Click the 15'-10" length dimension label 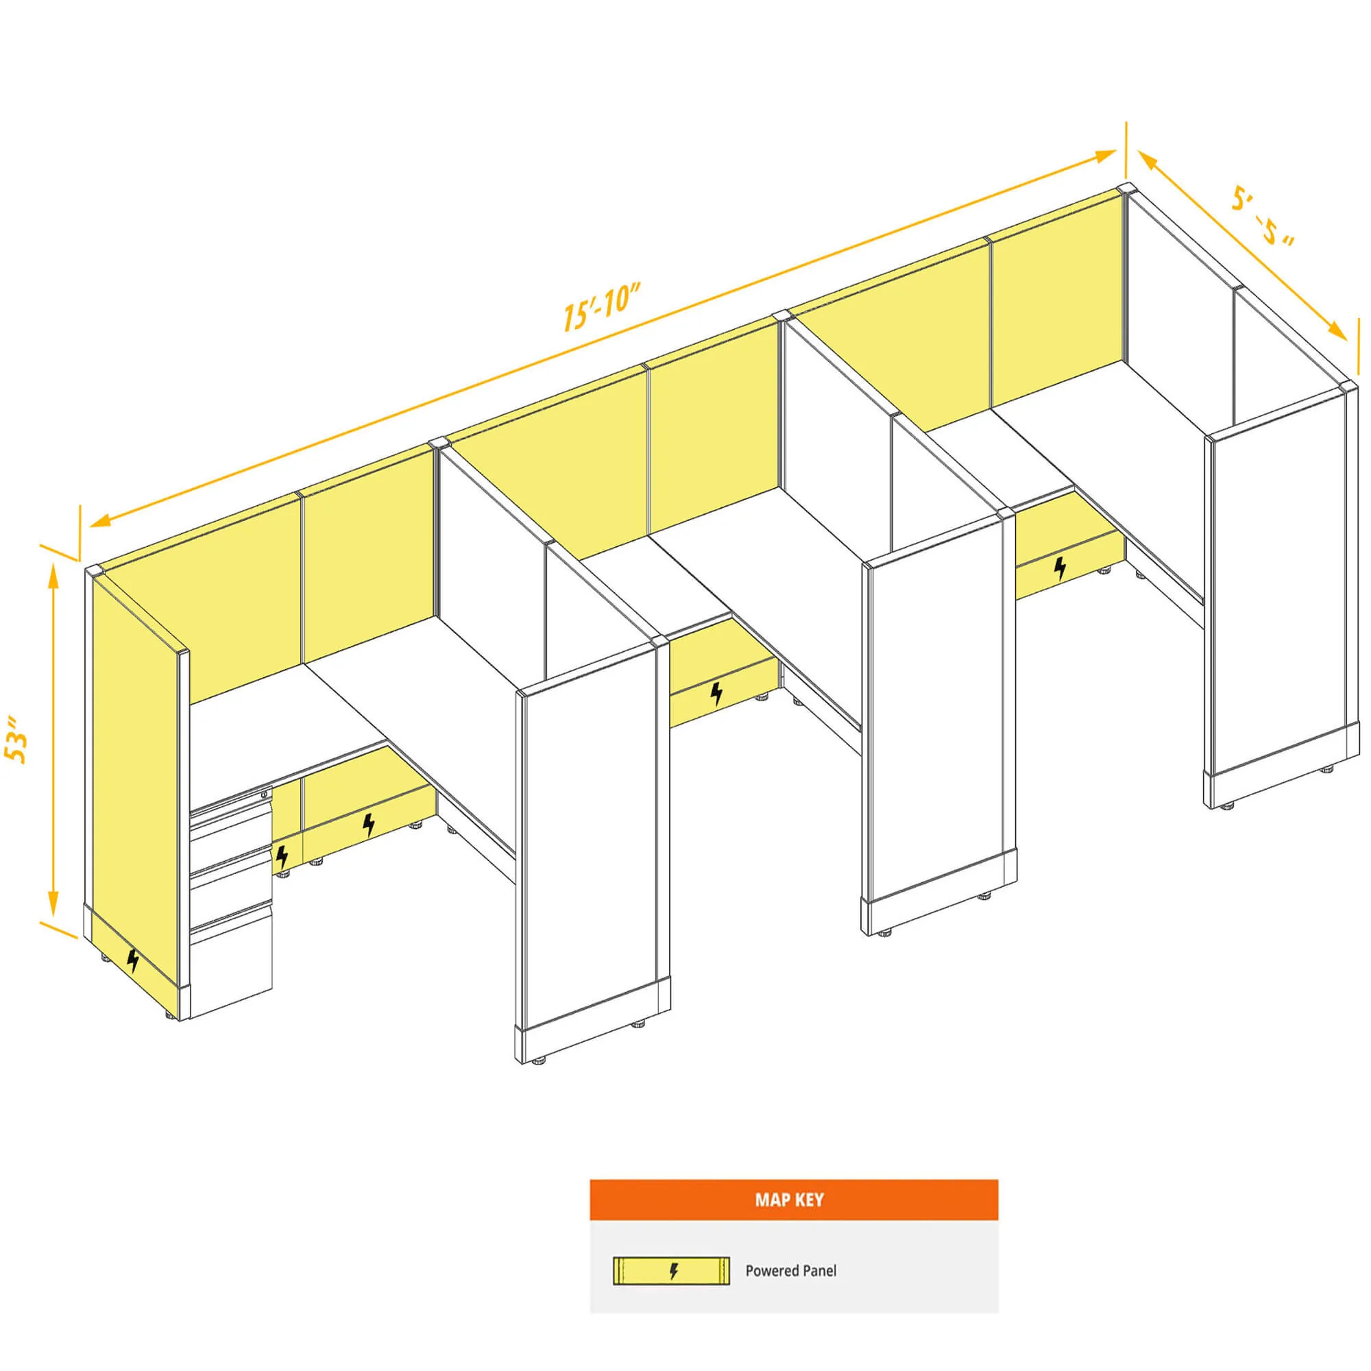pos(602,306)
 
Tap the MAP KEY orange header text pos(789,1199)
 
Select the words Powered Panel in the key pos(790,1270)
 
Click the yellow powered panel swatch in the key pos(670,1270)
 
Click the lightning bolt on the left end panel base pos(133,960)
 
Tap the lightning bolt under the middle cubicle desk pos(718,693)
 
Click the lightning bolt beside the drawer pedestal pos(282,856)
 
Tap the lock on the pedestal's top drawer pos(264,792)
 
